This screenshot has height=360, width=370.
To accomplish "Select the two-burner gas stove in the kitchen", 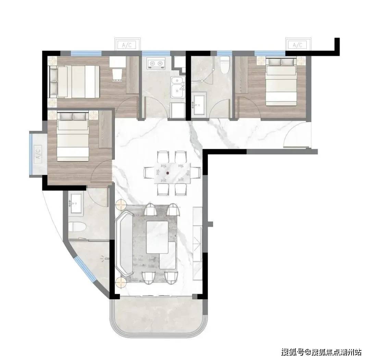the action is pos(155,63).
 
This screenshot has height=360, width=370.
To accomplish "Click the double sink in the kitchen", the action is pos(178,87).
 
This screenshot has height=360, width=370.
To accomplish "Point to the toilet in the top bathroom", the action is pos(225,65).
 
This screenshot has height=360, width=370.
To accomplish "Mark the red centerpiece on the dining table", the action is pos(168,173).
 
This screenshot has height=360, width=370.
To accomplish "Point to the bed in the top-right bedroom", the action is pos(281,82).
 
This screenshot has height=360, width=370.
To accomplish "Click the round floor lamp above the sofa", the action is pos(121,204).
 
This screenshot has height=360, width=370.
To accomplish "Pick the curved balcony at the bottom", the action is pos(158,314).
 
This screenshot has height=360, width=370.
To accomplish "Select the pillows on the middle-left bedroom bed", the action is pos(73,116).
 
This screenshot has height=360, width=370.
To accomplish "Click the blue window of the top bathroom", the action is pos(224,53).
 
